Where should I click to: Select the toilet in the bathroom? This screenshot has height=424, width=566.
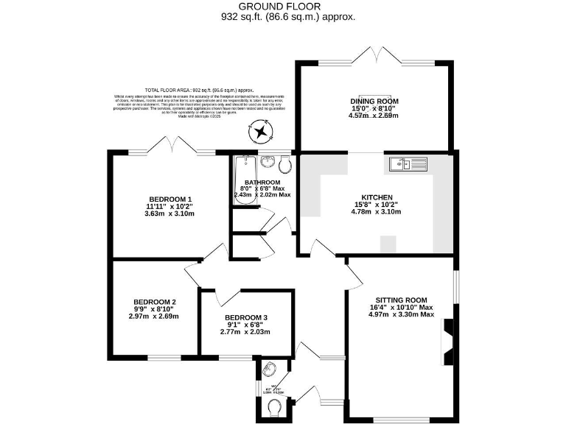click(287, 161)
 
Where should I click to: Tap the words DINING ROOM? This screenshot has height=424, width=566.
click(374, 101)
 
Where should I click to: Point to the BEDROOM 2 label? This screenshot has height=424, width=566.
click(154, 302)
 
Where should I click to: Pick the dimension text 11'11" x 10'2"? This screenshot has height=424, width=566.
click(170, 206)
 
